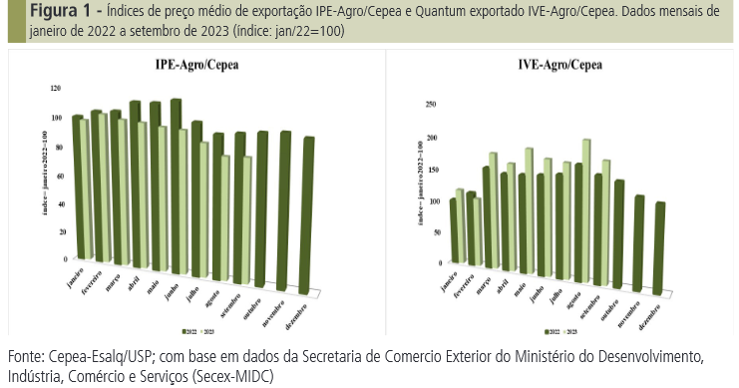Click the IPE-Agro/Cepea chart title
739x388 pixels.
pyautogui.click(x=196, y=66)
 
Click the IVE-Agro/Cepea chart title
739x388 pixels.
pyautogui.click(x=559, y=66)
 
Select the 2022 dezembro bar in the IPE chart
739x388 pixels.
pyautogui.click(x=308, y=214)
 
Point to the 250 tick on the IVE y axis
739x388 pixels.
pyautogui.click(x=431, y=104)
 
